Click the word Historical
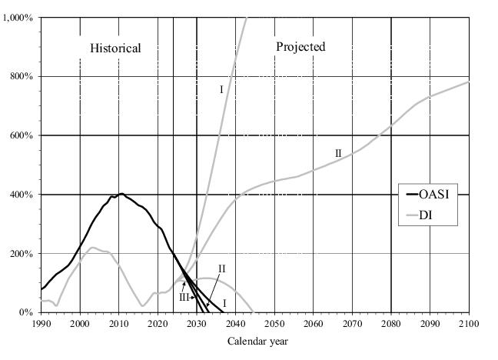(115, 48)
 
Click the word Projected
(300, 46)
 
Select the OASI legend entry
(433, 194)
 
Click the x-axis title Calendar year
(254, 341)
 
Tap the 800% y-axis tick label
(22, 76)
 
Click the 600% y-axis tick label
(22, 135)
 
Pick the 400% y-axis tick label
(22, 195)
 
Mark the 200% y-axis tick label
(22, 254)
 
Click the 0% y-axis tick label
(26, 313)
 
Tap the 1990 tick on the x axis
(41, 325)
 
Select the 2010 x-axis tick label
(118, 325)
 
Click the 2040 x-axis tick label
(235, 325)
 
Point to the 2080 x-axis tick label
(391, 325)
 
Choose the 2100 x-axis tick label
(468, 325)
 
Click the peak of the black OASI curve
(121, 194)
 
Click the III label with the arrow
(184, 297)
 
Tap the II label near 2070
(338, 154)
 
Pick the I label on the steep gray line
(221, 90)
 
